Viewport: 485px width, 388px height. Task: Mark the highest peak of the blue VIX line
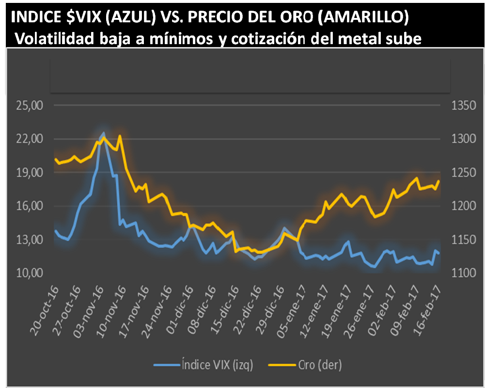(103, 133)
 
